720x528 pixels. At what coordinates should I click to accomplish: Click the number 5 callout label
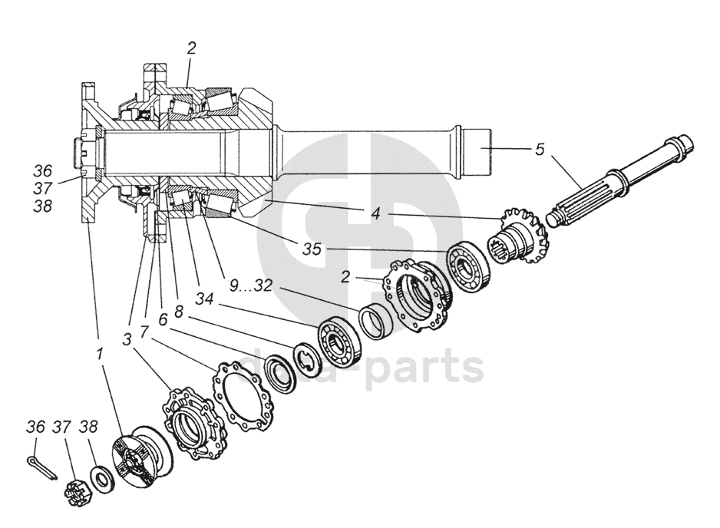coord(540,149)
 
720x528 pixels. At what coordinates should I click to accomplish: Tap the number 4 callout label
coord(376,214)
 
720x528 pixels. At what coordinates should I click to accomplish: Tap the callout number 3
coord(127,338)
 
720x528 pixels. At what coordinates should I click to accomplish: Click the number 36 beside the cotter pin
coord(36,427)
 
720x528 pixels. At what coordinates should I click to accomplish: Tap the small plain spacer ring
coord(375,318)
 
